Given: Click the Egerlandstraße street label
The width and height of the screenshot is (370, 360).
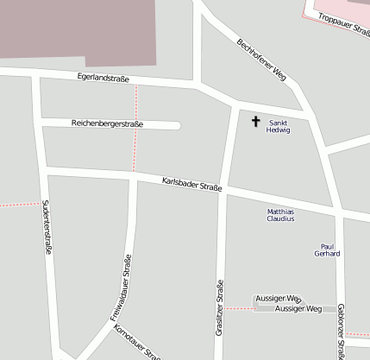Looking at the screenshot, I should pyautogui.click(x=103, y=79).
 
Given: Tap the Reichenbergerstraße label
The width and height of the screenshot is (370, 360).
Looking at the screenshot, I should pyautogui.click(x=107, y=124).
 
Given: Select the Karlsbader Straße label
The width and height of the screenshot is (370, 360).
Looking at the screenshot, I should pyautogui.click(x=191, y=184).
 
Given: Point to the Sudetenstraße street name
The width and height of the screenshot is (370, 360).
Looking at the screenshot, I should pyautogui.click(x=46, y=226).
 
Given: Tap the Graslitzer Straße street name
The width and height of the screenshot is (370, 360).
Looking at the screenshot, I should pyautogui.click(x=220, y=307).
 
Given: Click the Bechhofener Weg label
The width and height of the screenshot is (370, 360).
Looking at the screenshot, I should pyautogui.click(x=261, y=60).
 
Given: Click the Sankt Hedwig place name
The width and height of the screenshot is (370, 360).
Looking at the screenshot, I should pyautogui.click(x=279, y=126).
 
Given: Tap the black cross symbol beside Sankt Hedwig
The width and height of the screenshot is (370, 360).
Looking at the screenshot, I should pyautogui.click(x=255, y=122).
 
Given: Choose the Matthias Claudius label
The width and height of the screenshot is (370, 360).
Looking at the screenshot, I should pyautogui.click(x=280, y=215).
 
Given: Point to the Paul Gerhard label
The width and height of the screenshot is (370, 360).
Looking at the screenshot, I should pyautogui.click(x=328, y=249).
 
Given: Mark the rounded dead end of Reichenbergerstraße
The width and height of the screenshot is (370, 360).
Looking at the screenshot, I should pyautogui.click(x=175, y=126).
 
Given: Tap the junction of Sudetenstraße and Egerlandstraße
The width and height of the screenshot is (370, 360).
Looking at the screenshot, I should pyautogui.click(x=36, y=75).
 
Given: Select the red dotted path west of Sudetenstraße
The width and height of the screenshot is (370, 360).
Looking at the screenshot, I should pyautogui.click(x=17, y=205).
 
